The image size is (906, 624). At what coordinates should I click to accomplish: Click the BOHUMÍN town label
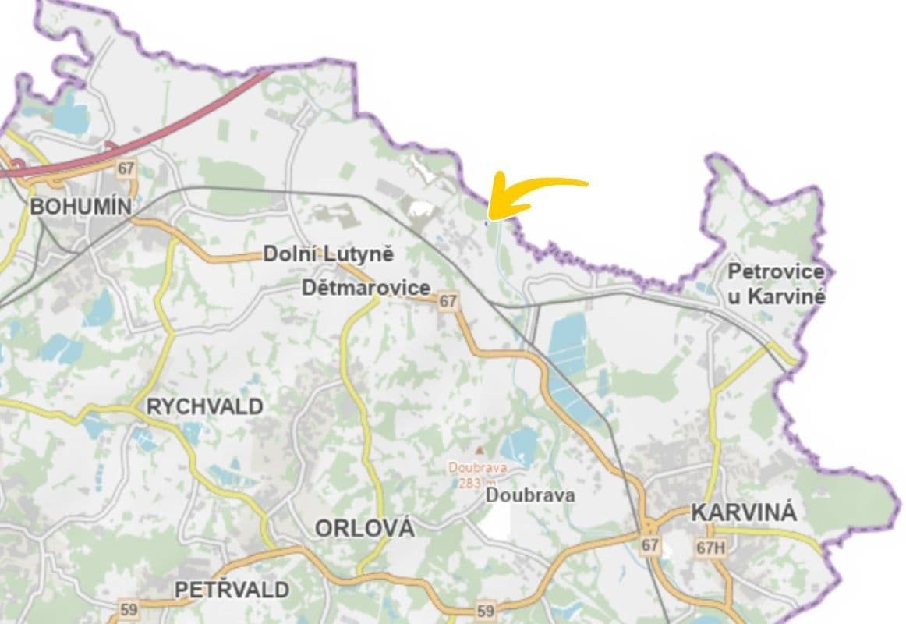[80, 207]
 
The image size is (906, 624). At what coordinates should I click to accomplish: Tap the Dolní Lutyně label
[328, 254]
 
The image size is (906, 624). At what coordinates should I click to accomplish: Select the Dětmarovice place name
[366, 288]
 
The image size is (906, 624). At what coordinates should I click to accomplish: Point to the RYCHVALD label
[205, 406]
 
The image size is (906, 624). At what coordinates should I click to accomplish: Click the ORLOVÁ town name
[364, 528]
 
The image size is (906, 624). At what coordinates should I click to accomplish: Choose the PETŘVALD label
[232, 590]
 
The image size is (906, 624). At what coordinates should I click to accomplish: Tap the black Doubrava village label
[530, 495]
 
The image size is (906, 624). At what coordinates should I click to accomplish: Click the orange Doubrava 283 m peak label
[478, 474]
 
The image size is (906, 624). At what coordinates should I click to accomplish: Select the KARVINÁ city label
[744, 513]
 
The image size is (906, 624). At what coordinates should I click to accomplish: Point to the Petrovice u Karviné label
[776, 284]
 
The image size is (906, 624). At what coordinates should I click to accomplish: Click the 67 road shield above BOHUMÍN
[126, 168]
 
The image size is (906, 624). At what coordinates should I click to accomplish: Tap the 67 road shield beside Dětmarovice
[448, 301]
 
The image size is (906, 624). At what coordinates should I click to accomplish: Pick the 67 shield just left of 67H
[650, 544]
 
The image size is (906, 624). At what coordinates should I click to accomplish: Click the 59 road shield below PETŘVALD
[129, 608]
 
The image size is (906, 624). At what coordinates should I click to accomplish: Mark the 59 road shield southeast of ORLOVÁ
[485, 611]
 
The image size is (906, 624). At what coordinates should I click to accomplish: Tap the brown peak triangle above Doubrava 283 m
[479, 450]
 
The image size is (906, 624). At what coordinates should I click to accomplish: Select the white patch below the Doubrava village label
[497, 520]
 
